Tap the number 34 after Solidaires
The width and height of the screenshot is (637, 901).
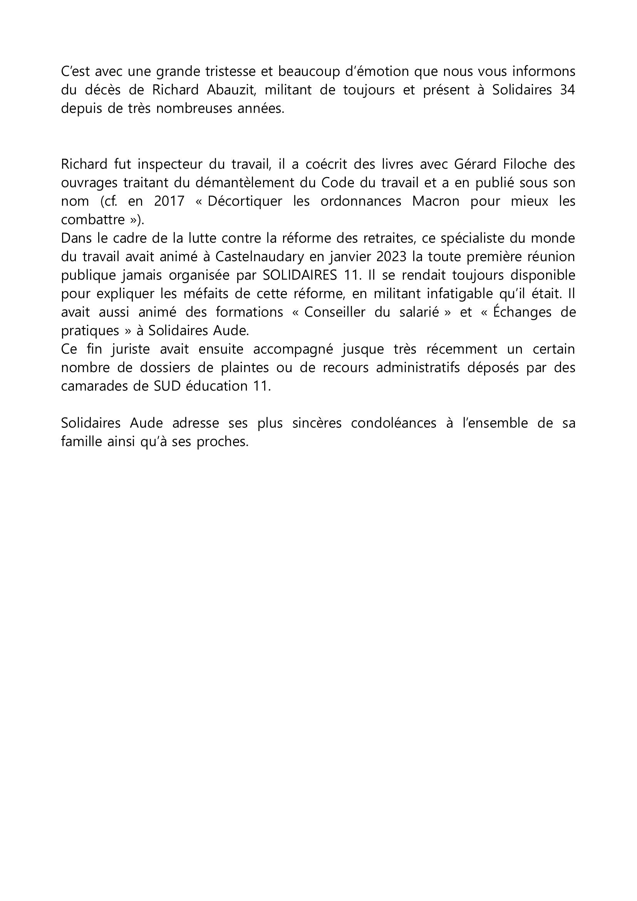pyautogui.click(x=567, y=90)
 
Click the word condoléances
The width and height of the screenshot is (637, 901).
pyautogui.click(x=394, y=423)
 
